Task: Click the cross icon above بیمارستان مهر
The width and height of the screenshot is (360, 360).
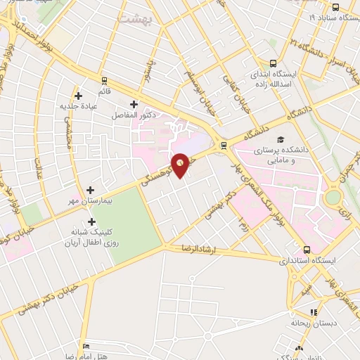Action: (x=91, y=190)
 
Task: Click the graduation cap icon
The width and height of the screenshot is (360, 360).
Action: (x=281, y=139)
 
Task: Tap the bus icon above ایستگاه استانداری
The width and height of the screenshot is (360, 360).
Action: (x=307, y=249)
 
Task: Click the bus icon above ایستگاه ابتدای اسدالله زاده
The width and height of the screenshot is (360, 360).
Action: (x=273, y=62)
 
